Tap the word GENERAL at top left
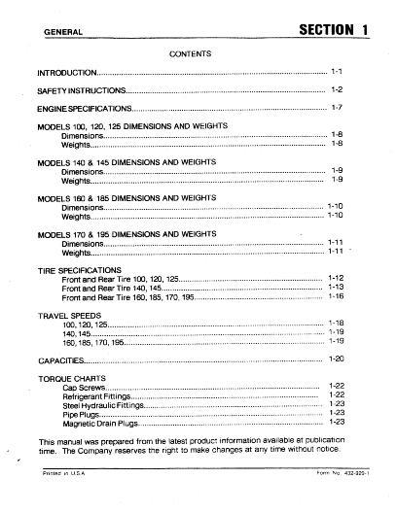pyautogui.click(x=58, y=33)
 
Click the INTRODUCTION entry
pyautogui.click(x=67, y=73)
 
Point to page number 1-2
pyautogui.click(x=338, y=89)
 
